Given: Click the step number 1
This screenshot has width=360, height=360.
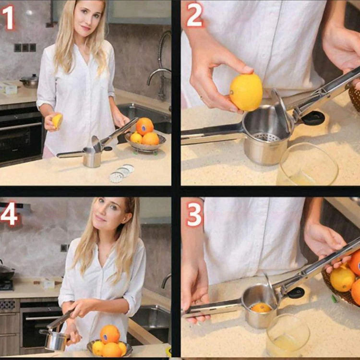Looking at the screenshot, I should [9, 18].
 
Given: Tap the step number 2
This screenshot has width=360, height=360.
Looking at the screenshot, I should [194, 16].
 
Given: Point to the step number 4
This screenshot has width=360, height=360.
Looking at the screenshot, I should [9, 215].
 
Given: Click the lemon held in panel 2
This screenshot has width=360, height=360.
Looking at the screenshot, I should [246, 92].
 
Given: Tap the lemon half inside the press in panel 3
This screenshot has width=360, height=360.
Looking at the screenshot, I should [261, 307].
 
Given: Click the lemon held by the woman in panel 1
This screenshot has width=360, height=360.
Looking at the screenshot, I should [57, 121].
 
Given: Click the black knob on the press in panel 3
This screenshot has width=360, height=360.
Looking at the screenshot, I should [295, 292].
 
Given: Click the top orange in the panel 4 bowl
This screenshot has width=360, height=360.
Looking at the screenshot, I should [110, 334].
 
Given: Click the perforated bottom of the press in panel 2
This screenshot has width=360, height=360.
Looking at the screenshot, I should [266, 136].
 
